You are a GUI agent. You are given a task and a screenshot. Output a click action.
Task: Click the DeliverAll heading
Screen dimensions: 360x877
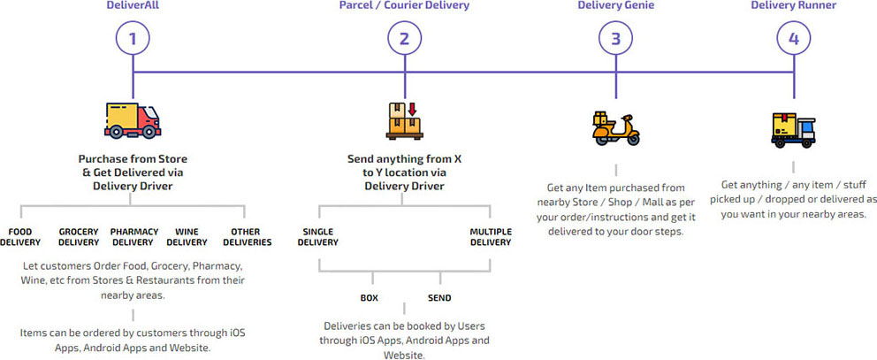(133, 6)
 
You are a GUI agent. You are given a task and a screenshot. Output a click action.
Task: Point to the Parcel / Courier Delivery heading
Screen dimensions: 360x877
(404, 6)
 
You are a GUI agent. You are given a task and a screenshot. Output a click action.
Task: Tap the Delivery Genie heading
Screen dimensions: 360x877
(616, 6)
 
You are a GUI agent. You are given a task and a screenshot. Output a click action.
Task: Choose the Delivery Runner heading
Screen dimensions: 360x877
(793, 6)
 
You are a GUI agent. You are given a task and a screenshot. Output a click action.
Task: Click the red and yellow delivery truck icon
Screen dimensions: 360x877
(133, 120)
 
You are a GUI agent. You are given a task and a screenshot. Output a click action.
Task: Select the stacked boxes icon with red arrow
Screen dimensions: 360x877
(405, 120)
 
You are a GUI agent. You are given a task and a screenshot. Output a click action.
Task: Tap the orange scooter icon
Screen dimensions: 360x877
(614, 128)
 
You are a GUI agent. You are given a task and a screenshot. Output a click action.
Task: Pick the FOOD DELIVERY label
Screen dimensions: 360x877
(20, 237)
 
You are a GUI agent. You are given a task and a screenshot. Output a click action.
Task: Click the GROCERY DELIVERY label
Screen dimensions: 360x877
(79, 237)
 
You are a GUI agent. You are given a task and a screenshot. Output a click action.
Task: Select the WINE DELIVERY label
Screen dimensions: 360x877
(187, 237)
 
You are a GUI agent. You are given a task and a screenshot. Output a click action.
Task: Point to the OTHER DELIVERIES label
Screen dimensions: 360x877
(245, 237)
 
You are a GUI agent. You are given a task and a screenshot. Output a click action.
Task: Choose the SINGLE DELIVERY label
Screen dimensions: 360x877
(318, 237)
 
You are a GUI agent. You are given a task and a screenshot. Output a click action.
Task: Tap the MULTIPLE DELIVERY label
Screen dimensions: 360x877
(491, 237)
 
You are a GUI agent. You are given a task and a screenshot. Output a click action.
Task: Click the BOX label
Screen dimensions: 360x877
(369, 298)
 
